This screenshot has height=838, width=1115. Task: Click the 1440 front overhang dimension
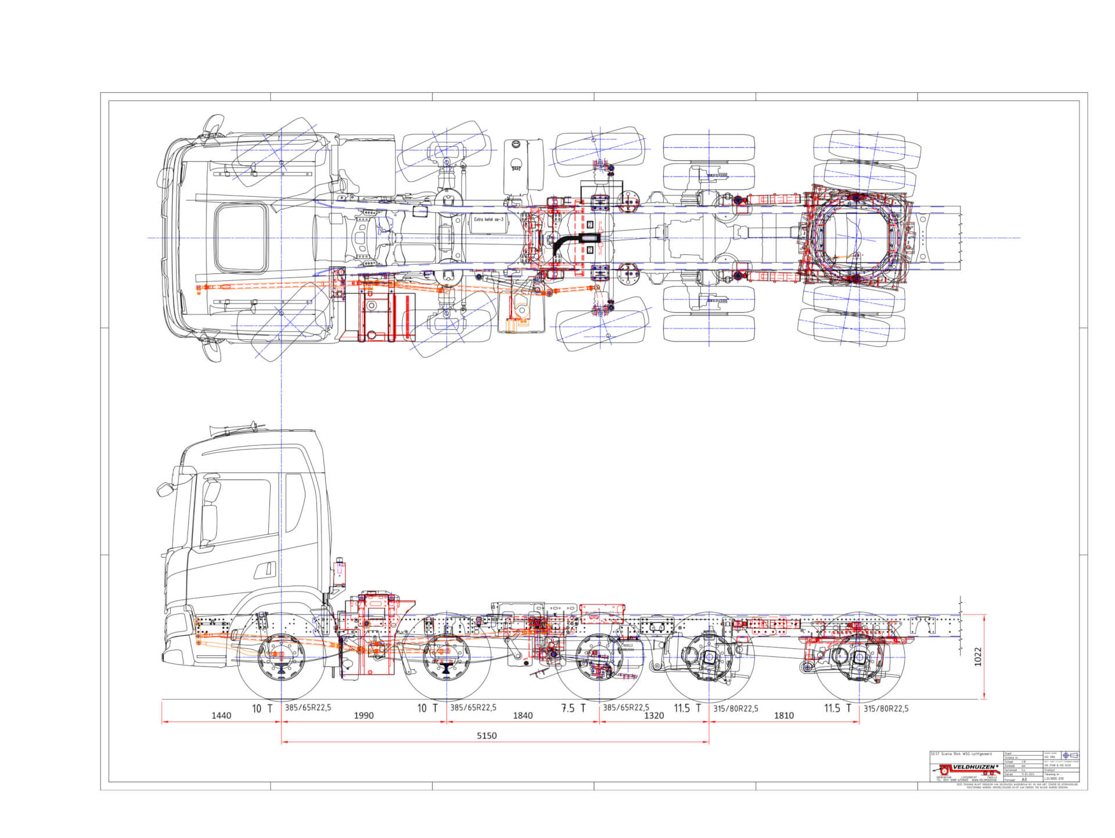[221, 716]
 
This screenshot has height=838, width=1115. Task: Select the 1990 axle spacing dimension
[364, 716]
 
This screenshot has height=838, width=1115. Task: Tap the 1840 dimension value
[522, 716]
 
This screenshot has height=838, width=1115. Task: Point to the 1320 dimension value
[653, 716]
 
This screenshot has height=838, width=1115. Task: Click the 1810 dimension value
[783, 716]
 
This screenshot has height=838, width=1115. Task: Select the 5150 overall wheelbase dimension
[487, 736]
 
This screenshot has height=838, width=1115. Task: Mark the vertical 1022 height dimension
[978, 656]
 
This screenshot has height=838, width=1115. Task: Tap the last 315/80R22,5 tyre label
[886, 708]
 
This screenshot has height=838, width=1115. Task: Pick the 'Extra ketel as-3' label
[488, 219]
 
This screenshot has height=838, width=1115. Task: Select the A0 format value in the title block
[1024, 779]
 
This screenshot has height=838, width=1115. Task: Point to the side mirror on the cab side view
[164, 489]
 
